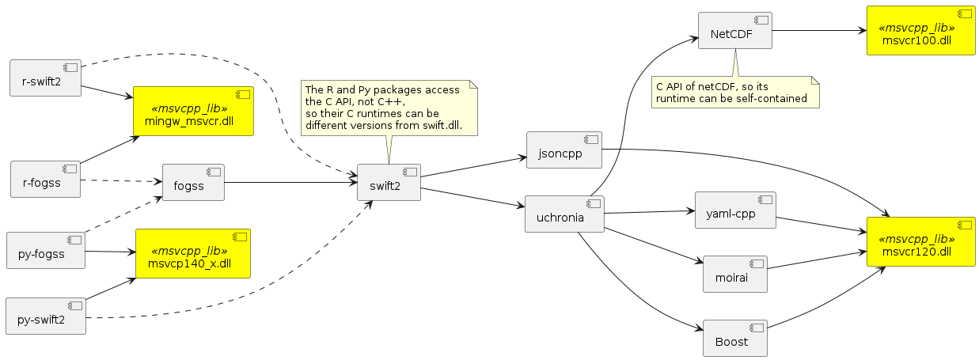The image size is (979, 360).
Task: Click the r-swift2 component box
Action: click(46, 78)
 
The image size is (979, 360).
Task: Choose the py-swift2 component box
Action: click(45, 316)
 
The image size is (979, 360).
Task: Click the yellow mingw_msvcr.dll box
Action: click(193, 112)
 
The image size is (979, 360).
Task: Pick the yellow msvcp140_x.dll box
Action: click(193, 254)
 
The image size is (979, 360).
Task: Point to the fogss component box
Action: click(193, 183)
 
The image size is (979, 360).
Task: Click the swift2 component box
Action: click(389, 183)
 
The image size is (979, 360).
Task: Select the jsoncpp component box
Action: click(564, 150)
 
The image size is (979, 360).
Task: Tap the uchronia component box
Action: click(564, 214)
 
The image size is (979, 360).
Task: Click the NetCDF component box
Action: click(734, 31)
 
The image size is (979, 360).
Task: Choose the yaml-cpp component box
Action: click(734, 210)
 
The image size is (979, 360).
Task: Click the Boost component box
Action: click(735, 339)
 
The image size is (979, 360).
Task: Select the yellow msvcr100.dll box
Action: click(920, 31)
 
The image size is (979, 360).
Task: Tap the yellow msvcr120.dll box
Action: click(920, 241)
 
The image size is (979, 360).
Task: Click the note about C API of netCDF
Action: click(734, 92)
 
